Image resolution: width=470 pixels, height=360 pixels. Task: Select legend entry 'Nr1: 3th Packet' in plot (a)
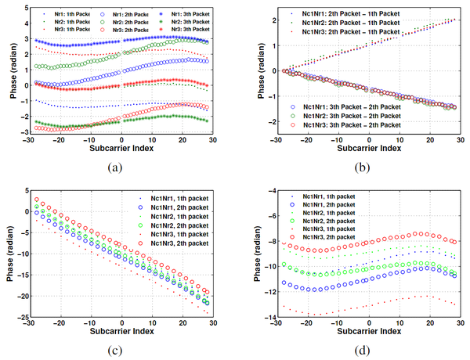(192, 14)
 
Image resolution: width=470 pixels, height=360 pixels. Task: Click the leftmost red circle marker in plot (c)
(35, 200)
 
